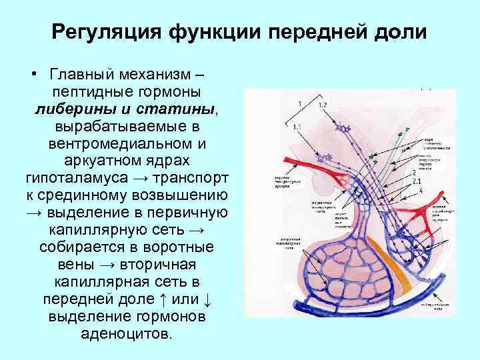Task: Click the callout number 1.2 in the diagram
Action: tap(322, 105)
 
